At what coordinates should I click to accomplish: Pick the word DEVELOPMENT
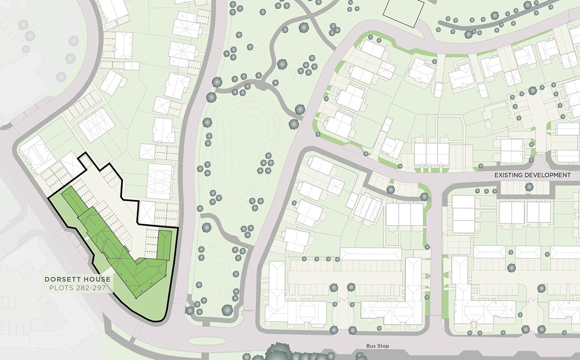click(x=552, y=175)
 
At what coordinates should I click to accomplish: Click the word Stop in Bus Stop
click(x=384, y=346)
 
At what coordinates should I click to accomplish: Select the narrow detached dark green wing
click(x=164, y=244)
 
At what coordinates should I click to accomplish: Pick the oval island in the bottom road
click(x=207, y=341)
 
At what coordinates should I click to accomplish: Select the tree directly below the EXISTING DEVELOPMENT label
click(x=529, y=187)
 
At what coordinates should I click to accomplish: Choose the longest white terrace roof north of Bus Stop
click(x=371, y=254)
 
